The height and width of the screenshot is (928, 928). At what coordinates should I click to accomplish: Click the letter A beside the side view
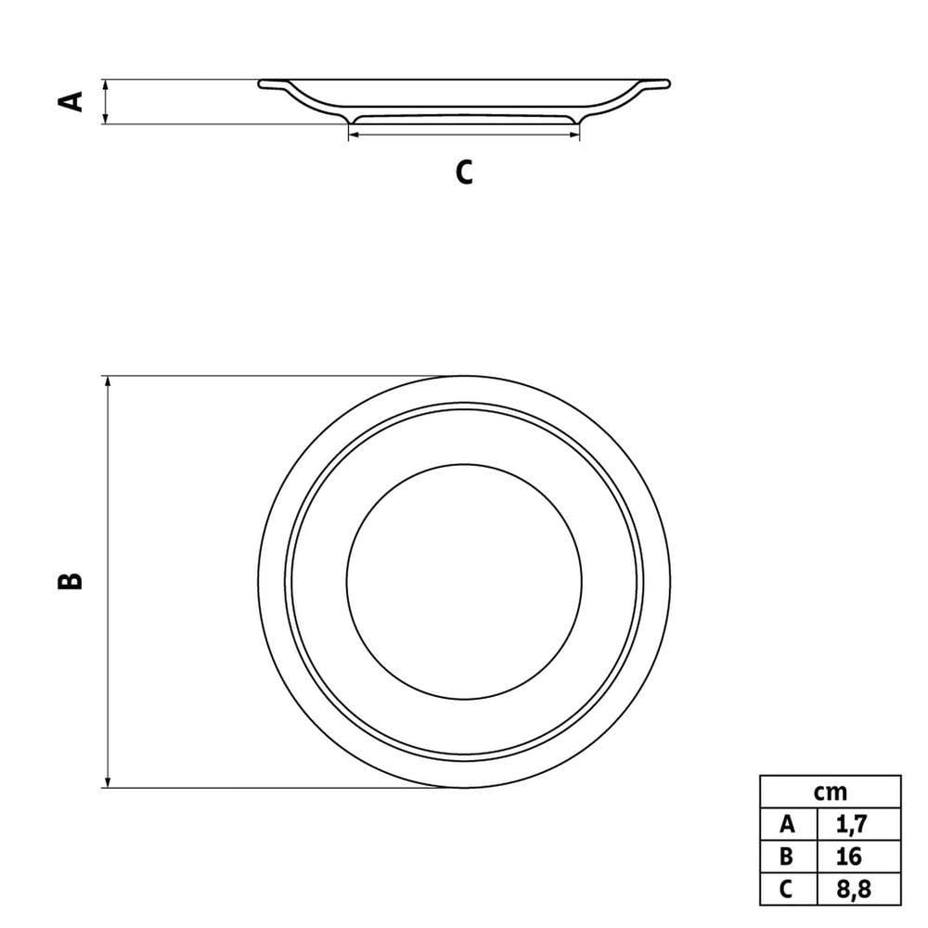coord(71,101)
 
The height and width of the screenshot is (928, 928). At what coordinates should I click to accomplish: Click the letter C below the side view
coord(464,173)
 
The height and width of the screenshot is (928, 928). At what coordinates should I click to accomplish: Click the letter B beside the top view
coord(70,581)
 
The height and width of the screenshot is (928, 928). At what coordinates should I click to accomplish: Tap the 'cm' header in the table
coord(830,792)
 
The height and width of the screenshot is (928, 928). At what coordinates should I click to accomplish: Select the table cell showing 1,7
coord(859,824)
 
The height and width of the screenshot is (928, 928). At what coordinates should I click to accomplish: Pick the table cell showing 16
coord(859,857)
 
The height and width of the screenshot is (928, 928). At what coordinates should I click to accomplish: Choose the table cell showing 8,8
coord(859,889)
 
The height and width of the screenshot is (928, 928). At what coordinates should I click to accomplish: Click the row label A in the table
coord(788,824)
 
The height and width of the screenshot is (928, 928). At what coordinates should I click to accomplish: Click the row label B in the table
coord(787,857)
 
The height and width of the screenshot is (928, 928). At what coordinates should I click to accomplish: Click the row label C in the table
coord(786,889)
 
